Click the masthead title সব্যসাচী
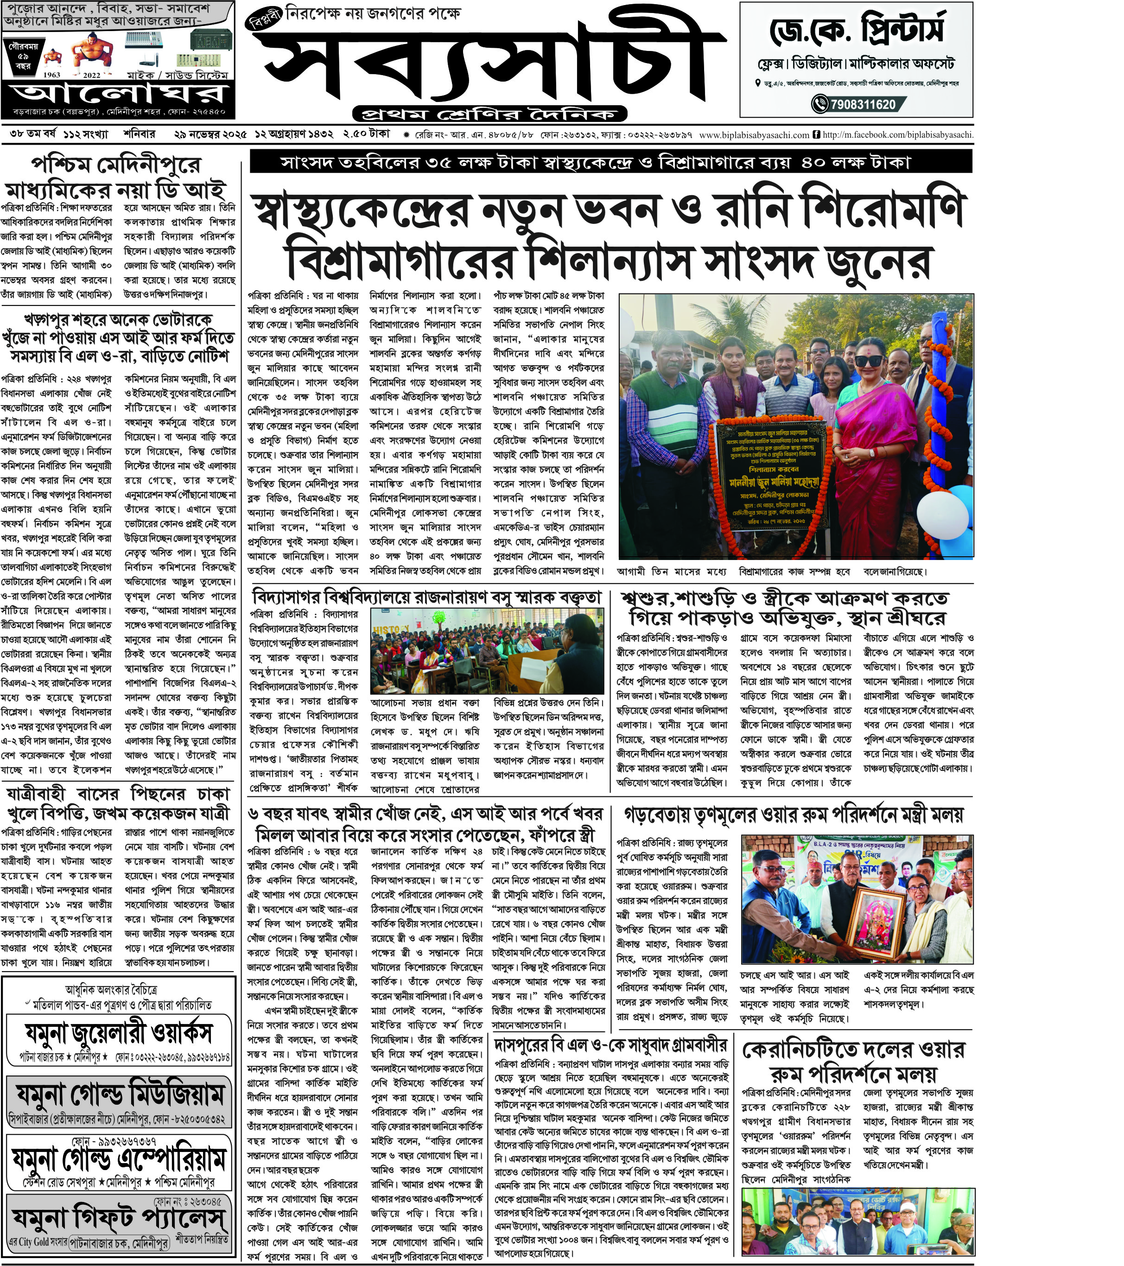[x=489, y=62]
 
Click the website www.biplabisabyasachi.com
[x=754, y=134]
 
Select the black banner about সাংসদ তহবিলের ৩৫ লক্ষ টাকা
[x=610, y=162]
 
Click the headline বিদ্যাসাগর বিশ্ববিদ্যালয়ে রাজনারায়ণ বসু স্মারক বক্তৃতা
[x=427, y=598]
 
